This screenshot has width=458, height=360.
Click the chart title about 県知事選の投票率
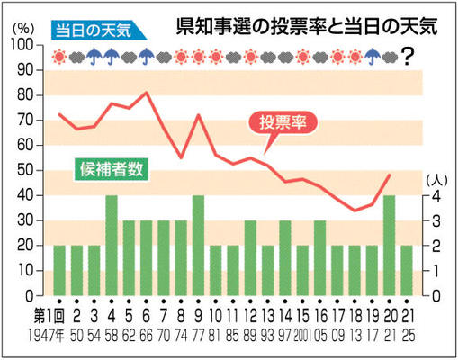(x=307, y=27)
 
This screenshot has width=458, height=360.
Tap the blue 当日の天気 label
(x=98, y=31)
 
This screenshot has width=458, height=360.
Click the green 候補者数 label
(x=112, y=169)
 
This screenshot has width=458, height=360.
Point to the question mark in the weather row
(x=407, y=57)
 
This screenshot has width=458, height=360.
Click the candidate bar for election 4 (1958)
(x=112, y=246)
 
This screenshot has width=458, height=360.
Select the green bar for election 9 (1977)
(x=198, y=246)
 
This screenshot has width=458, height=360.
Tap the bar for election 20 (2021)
(x=390, y=246)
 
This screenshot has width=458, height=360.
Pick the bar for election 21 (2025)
(x=407, y=271)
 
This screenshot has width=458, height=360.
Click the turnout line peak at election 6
(x=147, y=92)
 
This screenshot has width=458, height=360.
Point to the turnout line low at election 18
(x=355, y=211)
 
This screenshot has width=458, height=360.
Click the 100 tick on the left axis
(x=22, y=45)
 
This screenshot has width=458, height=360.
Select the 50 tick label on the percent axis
(x=25, y=170)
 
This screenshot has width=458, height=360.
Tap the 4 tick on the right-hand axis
(x=436, y=196)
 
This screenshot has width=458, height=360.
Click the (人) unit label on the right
(x=436, y=181)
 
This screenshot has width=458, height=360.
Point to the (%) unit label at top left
(x=23, y=29)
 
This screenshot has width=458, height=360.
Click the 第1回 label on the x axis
(x=49, y=316)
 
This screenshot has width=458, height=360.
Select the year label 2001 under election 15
(x=302, y=336)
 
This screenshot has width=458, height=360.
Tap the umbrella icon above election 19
(x=373, y=57)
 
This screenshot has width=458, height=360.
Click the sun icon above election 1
(x=59, y=57)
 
